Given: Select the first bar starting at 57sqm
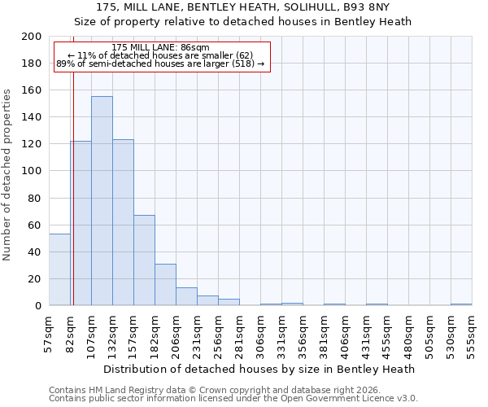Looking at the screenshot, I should (59, 269).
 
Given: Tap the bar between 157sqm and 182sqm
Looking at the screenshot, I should (144, 260).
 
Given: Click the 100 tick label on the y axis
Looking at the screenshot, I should (33, 171).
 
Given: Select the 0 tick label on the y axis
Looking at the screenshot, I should (38, 306).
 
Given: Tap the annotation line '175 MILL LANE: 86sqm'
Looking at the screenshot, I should (161, 47).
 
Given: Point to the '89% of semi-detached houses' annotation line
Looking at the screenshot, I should (160, 63).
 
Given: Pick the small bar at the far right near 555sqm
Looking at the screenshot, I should (461, 304).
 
